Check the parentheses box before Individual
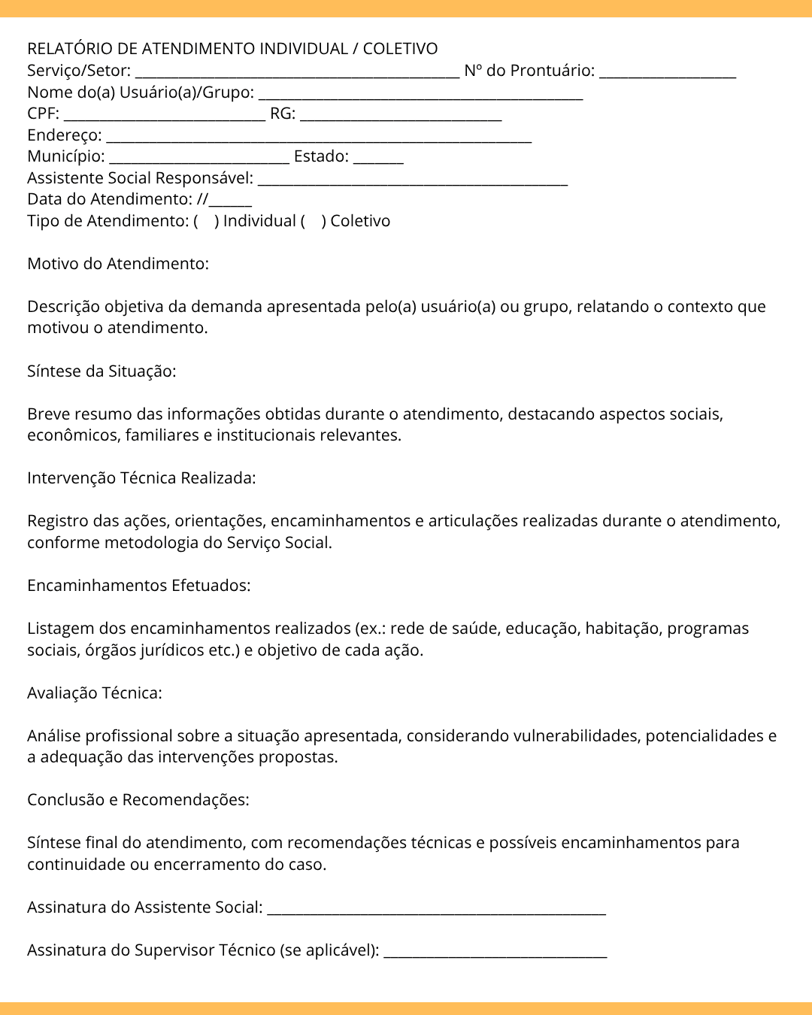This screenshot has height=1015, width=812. tap(206, 221)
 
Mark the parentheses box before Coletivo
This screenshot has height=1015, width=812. tap(313, 221)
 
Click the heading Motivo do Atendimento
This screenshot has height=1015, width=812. tap(118, 264)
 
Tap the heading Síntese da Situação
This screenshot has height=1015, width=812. tap(101, 371)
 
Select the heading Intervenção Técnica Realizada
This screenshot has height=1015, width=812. tap(141, 478)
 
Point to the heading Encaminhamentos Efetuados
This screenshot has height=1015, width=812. tap(139, 586)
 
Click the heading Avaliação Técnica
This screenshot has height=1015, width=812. tap(95, 693)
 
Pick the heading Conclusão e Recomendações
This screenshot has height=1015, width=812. tap(138, 800)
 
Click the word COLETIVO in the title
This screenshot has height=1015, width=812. tap(400, 49)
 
